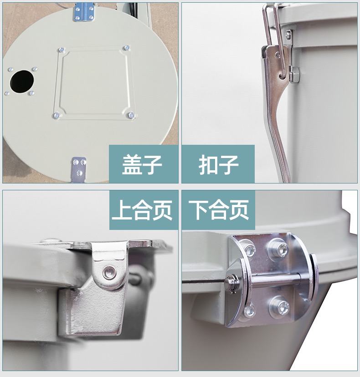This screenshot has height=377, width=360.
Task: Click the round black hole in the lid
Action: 21,82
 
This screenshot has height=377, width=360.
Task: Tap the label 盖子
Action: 142,164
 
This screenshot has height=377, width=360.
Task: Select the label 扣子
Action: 218,164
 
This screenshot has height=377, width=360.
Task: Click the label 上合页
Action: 142,210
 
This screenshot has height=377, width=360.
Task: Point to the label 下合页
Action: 218,210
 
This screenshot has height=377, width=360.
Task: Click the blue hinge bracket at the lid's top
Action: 84,12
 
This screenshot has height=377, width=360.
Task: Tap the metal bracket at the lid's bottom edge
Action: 79,169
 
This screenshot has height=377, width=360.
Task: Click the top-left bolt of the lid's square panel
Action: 62,50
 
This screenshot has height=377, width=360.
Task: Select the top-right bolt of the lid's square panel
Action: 127,48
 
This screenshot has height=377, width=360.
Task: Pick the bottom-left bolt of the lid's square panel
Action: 57,116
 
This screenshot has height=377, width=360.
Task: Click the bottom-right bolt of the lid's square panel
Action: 131,115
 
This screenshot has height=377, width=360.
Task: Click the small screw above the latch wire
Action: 288,35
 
